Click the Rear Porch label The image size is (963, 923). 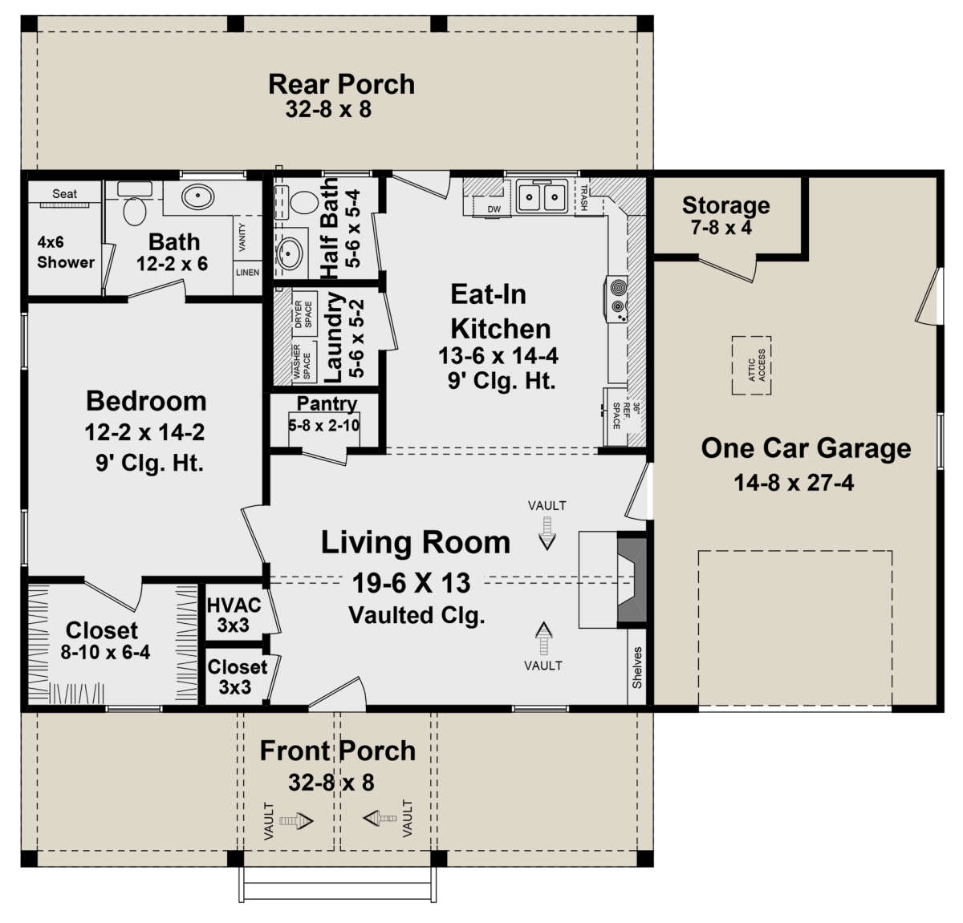341,83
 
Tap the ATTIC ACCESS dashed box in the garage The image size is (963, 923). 751,365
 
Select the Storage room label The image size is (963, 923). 725,205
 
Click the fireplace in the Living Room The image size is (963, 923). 631,578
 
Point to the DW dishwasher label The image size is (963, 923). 494,209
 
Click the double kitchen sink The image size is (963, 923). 542,196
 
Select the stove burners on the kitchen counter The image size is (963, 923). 617,297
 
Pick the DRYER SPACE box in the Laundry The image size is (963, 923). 303,314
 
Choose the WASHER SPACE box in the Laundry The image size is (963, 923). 303,362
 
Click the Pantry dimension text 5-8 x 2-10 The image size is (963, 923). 324,425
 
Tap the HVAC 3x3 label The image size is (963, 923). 234,615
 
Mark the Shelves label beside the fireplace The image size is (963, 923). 637,667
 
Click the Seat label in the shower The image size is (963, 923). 64,193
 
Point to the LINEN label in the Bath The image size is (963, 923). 247,273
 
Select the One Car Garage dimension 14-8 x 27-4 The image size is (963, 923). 793,483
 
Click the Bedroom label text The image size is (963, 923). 146,401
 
